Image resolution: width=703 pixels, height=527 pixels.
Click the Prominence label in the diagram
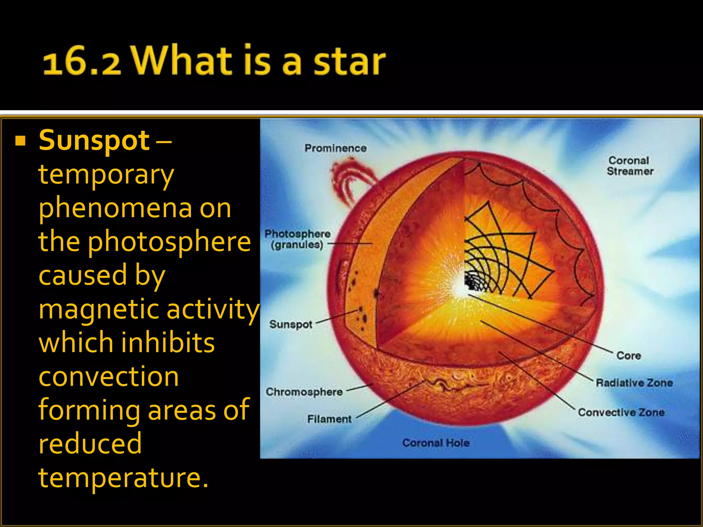(335, 148)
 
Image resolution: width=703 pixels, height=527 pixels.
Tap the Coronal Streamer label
(630, 166)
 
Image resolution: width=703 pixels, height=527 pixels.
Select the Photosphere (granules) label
(297, 239)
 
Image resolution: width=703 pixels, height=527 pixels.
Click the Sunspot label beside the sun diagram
(291, 324)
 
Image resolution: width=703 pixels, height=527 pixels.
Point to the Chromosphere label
(304, 392)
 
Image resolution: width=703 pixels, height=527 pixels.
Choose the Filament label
(329, 419)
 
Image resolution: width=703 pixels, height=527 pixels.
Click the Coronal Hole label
(436, 443)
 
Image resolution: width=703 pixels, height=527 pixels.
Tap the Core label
(629, 355)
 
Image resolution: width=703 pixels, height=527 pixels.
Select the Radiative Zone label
(634, 383)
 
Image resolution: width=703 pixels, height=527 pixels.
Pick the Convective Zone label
(621, 412)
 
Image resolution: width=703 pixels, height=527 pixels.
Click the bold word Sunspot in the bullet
(94, 141)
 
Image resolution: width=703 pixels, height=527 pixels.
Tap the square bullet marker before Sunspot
(21, 141)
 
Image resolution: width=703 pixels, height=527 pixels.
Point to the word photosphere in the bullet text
(169, 242)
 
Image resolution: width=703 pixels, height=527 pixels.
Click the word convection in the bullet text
(108, 376)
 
